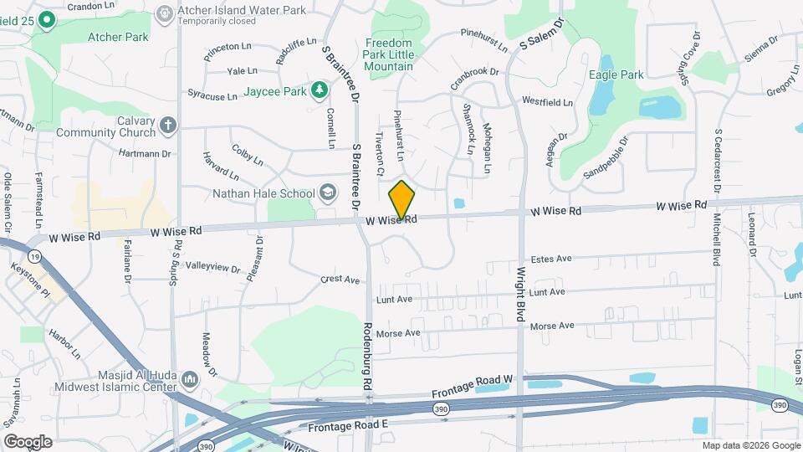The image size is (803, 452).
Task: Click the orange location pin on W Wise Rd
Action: pos(402,200)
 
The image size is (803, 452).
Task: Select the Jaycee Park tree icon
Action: pos(318,90)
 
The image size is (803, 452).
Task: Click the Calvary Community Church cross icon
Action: pos(168,126)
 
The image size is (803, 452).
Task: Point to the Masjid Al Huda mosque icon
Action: pos(189,380)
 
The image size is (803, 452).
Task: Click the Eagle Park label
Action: pos(621,74)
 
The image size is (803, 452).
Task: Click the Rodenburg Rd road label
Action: pos(366,357)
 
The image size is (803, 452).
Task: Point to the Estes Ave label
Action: pos(551,259)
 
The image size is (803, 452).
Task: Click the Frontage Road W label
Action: pos(472,387)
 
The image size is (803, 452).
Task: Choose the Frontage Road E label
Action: pos(349,425)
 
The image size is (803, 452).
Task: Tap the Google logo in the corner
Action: pos(27,441)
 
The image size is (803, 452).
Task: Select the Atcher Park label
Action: pos(119,37)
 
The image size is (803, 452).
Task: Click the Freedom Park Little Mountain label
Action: pos(388,54)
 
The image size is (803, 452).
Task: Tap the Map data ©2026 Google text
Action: pos(749,444)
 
